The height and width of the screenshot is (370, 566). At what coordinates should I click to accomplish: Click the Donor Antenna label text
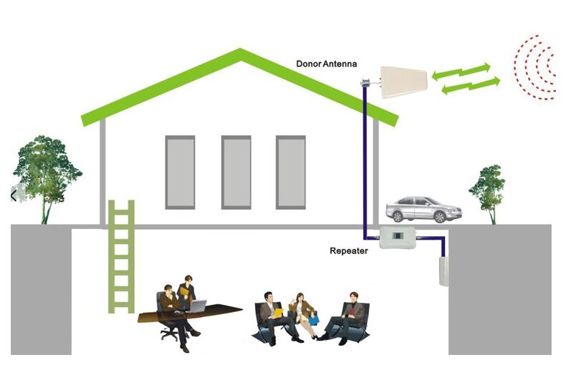tap(326, 64)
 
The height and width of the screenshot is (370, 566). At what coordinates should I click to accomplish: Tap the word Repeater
tap(349, 251)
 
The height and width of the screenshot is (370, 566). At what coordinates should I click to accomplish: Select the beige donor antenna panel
tap(404, 82)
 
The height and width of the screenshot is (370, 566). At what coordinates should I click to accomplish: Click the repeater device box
tap(397, 238)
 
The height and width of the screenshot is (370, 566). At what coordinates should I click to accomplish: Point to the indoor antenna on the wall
tap(443, 271)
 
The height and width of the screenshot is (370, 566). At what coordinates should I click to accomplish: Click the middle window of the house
tap(236, 172)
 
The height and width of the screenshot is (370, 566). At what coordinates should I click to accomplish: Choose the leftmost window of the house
tap(180, 172)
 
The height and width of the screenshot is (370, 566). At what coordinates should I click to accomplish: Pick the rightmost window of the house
tap(291, 172)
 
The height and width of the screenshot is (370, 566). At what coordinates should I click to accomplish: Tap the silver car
tap(423, 210)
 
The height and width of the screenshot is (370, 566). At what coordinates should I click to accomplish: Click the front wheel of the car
tap(440, 217)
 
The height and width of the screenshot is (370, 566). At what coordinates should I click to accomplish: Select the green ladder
tap(121, 256)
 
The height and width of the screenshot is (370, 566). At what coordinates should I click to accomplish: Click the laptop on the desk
tap(196, 306)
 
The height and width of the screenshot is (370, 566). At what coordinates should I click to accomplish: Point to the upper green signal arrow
tap(461, 71)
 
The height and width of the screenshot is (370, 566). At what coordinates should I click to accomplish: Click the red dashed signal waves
tap(534, 67)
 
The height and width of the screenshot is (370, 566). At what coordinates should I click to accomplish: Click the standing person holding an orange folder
tap(186, 292)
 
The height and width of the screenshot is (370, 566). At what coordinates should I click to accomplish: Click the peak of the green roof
tap(241, 51)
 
